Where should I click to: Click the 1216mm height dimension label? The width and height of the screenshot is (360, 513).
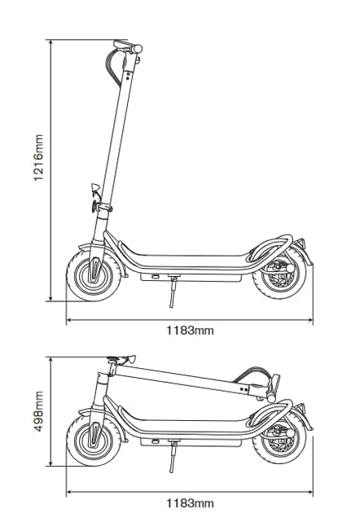[38, 157]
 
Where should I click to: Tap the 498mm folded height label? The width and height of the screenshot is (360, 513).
[38, 411]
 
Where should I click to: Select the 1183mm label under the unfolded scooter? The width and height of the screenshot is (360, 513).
[190, 331]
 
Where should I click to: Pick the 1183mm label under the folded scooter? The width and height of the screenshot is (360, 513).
[190, 503]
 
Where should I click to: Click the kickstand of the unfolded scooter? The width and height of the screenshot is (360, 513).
[173, 292]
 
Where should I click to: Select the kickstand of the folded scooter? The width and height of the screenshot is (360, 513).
[173, 457]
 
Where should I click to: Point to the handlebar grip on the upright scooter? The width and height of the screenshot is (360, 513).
[138, 49]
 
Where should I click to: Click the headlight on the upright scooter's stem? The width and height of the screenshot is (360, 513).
[95, 188]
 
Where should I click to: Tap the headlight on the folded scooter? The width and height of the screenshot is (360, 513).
[131, 358]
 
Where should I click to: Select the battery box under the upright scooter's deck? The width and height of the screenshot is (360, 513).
[191, 277]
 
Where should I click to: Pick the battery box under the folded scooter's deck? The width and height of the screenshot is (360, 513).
[191, 442]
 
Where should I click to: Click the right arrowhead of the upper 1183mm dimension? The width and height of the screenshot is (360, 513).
[310, 320]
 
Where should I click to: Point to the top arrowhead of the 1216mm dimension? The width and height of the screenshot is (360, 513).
[50, 42]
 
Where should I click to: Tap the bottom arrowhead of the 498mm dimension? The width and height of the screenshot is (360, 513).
[50, 463]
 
